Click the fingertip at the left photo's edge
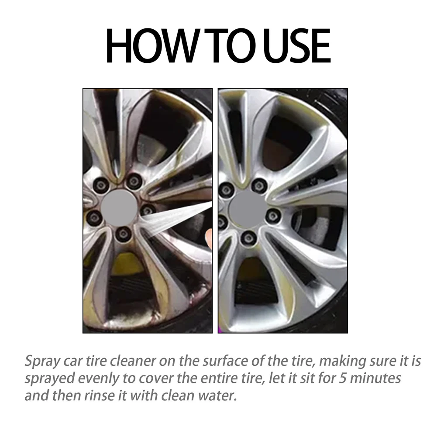[x=209, y=238]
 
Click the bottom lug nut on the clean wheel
[x=248, y=237]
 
